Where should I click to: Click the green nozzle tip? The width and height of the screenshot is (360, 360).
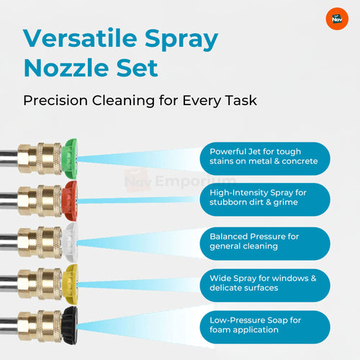click(69, 158)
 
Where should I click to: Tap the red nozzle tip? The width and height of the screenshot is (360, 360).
click(70, 201)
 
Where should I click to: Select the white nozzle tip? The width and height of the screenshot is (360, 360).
click(70, 242)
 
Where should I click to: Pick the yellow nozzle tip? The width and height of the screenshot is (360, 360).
click(70, 284)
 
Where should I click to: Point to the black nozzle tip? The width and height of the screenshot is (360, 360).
click(70, 325)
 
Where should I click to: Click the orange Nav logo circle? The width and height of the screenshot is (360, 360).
click(337, 19)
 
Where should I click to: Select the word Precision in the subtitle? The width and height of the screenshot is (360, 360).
click(55, 100)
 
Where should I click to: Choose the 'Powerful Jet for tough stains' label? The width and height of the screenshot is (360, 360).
click(265, 158)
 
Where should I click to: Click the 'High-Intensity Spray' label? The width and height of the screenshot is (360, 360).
click(265, 199)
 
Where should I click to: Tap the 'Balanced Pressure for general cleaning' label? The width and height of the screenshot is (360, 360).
click(265, 243)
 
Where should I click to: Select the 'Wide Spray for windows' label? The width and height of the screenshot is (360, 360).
click(265, 285)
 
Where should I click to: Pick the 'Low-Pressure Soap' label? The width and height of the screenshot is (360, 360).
click(265, 327)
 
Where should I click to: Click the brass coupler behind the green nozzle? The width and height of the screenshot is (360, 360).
click(40, 158)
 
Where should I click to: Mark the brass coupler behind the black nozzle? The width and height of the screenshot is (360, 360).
click(40, 326)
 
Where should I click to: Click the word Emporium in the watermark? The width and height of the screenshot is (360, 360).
click(195, 181)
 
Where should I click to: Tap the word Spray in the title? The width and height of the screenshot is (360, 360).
click(181, 40)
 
